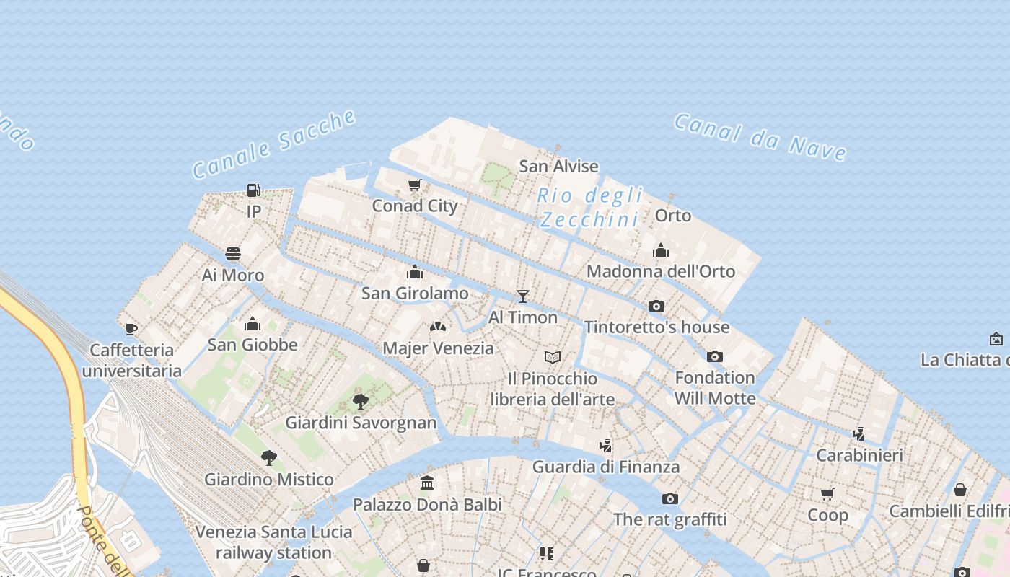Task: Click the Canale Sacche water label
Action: [274, 144]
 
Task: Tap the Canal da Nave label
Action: [760, 136]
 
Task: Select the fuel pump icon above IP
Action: [253, 190]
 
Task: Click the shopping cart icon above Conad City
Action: [415, 185]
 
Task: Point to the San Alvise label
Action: [558, 166]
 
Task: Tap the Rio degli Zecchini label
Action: [590, 207]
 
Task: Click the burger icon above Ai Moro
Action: [232, 254]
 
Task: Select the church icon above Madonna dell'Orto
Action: [660, 250]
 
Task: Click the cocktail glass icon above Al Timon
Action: [523, 296]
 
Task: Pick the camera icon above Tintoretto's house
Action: [656, 306]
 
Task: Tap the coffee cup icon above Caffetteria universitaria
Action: [131, 329]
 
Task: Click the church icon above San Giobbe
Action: [252, 324]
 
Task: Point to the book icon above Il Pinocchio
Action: [553, 357]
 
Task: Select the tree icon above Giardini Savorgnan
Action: [361, 401]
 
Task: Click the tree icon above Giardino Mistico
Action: [269, 457]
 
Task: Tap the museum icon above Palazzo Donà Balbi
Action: [427, 483]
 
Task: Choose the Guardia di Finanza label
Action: [606, 467]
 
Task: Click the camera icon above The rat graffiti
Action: [670, 498]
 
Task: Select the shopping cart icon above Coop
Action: [827, 494]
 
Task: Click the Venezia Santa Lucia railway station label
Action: [274, 542]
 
